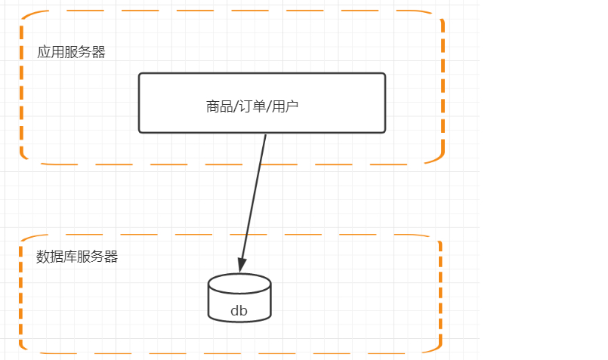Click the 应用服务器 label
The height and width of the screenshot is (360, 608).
tap(71, 52)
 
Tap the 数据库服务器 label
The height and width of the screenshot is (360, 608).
tap(77, 256)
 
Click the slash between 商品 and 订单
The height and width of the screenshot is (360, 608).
tap(235, 106)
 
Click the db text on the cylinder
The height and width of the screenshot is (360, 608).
tap(239, 310)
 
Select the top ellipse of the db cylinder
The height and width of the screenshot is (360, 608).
tap(239, 284)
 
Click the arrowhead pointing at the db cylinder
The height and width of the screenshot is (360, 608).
tap(242, 265)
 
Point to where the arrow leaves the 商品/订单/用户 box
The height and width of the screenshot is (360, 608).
tap(266, 134)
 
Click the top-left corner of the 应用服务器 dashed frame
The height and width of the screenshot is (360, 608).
tap(25, 15)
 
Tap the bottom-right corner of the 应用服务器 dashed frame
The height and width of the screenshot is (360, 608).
tap(440, 159)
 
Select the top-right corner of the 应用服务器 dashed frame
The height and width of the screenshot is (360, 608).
tap(439, 16)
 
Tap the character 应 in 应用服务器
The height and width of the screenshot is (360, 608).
tap(44, 52)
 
